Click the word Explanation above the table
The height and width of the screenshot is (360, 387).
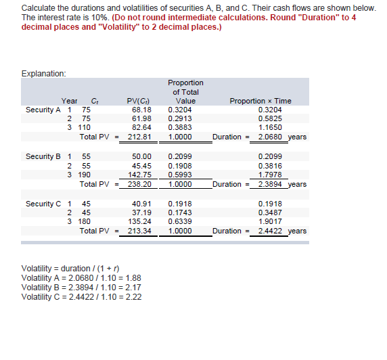click(44, 73)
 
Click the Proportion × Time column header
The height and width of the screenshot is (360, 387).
click(259, 101)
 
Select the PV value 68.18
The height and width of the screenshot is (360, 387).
click(141, 108)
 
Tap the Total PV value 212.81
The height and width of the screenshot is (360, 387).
click(139, 137)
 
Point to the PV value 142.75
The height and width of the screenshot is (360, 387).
click(139, 175)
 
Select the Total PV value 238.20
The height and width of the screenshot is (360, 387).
click(139, 184)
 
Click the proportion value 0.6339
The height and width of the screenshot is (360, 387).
click(179, 221)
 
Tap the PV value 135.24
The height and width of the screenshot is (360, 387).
click(139, 221)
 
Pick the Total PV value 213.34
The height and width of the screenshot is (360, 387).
click(139, 231)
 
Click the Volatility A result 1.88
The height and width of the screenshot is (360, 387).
click(134, 278)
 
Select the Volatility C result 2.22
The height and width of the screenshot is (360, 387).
click(134, 296)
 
